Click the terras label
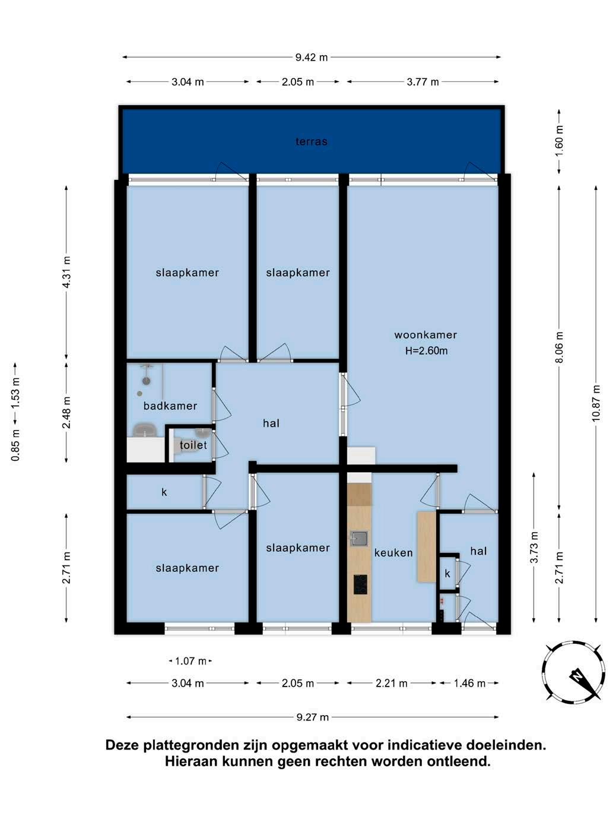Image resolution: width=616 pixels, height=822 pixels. (x=311, y=141)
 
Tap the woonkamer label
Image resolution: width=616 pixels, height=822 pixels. (x=426, y=335)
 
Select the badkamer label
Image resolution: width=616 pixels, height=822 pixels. (x=170, y=406)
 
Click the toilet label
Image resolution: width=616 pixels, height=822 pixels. (x=193, y=445)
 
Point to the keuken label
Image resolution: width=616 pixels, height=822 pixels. (x=393, y=553)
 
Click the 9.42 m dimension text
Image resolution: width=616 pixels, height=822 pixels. (x=312, y=57)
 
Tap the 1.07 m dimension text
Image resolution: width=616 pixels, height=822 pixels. (x=190, y=661)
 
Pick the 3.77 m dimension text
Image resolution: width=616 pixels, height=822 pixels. (x=423, y=81)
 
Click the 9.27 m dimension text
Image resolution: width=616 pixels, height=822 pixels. (x=313, y=717)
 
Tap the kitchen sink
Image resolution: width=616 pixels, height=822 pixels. (x=358, y=539)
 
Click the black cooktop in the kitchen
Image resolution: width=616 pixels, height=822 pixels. (x=360, y=584)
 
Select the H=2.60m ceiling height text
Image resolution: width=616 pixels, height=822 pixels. (x=426, y=351)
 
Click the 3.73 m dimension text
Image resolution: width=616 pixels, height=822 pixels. (x=534, y=547)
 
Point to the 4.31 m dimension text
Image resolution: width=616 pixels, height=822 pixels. (x=66, y=272)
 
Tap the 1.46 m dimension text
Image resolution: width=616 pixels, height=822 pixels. (x=470, y=684)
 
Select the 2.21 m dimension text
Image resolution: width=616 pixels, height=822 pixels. (x=392, y=684)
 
